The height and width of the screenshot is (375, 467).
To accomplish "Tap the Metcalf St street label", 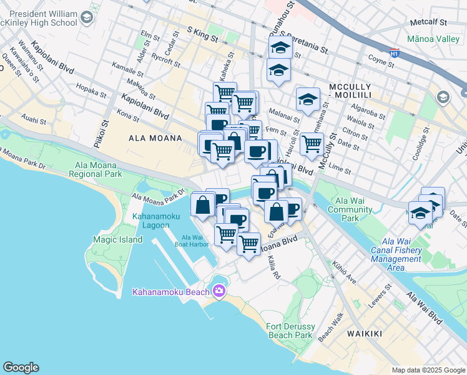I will tap(429, 22).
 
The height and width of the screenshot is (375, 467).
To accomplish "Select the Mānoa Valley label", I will tap(433, 39).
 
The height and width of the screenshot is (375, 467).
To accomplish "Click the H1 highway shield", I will tap(394, 54).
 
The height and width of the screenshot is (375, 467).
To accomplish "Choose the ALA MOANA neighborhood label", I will tap(154, 138).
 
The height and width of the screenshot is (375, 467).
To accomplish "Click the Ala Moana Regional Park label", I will tap(98, 169).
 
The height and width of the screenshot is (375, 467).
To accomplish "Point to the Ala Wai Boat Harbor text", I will tap(195, 241).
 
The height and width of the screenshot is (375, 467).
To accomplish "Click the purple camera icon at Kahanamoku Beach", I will tap(219, 291).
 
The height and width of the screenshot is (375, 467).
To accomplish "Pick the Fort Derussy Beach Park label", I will tap(289, 331).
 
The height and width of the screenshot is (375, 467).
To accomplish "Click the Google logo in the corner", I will tap(21, 367).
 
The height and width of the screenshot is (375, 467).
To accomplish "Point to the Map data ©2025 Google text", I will tap(428, 370).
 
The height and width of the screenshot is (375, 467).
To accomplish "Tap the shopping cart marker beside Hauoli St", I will tap(311, 144).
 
